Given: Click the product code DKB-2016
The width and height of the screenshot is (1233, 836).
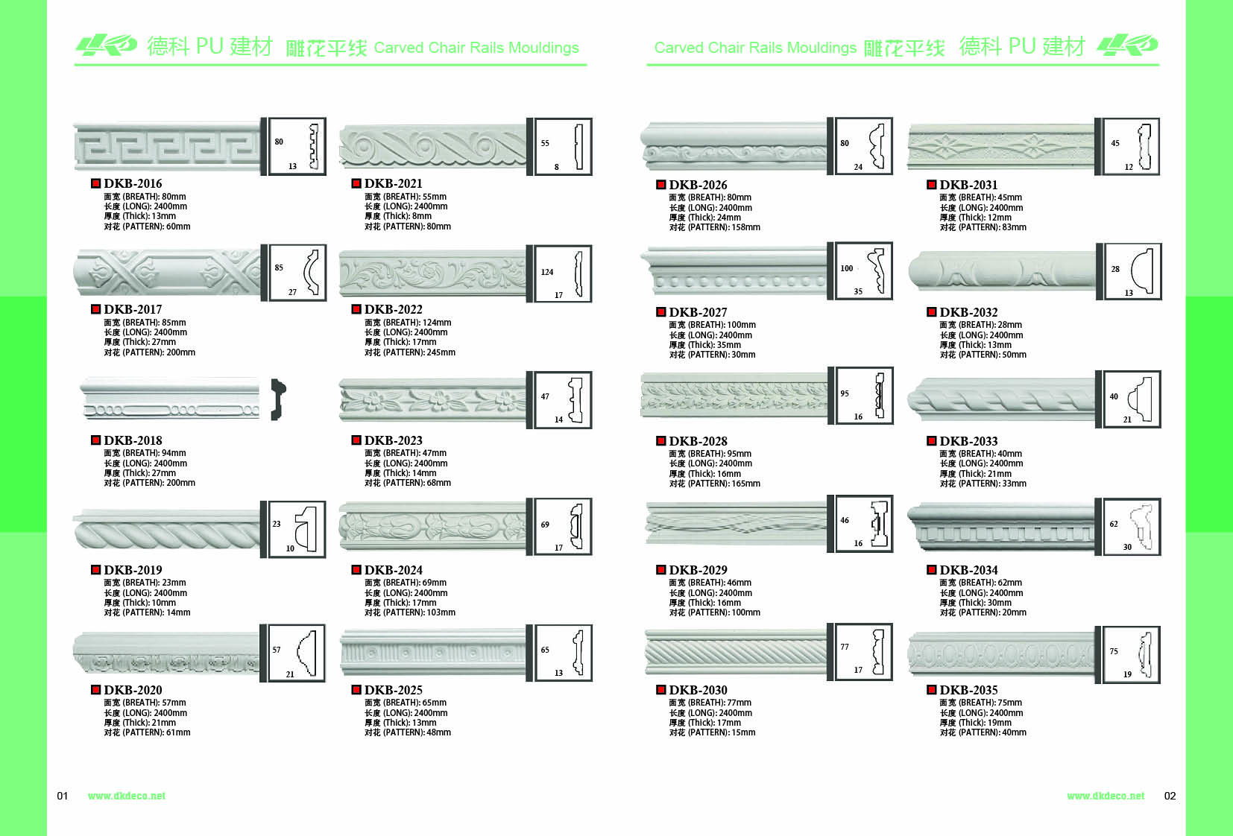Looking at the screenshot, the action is [133, 184].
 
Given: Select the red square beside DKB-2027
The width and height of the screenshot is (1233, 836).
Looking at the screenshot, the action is [661, 312].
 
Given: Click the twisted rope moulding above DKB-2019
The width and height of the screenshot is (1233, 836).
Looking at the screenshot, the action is [166, 531].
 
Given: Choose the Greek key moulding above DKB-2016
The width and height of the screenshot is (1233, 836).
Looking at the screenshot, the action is [167, 146].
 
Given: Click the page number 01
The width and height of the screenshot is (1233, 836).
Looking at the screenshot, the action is [63, 796].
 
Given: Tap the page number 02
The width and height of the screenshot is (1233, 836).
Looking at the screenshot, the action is [1170, 796].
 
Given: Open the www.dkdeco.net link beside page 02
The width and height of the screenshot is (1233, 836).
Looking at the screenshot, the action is [1106, 796].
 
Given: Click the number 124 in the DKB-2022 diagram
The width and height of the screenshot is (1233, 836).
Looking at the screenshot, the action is [547, 272].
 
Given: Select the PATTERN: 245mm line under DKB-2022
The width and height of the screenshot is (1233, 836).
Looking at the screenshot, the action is [409, 352].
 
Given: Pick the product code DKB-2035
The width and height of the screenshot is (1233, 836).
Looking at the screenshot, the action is [968, 690].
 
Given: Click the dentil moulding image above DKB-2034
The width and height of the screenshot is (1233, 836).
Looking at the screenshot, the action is [1000, 527].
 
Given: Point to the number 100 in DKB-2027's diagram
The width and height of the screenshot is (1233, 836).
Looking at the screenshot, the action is [847, 268].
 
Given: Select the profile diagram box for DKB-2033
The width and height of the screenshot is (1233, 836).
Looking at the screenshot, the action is [1132, 399].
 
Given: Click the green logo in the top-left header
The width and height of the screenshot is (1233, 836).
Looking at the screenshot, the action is [107, 45].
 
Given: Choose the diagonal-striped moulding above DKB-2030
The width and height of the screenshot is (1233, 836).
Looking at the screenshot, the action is [735, 652].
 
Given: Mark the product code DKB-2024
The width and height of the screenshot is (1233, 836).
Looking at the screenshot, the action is [393, 570].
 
